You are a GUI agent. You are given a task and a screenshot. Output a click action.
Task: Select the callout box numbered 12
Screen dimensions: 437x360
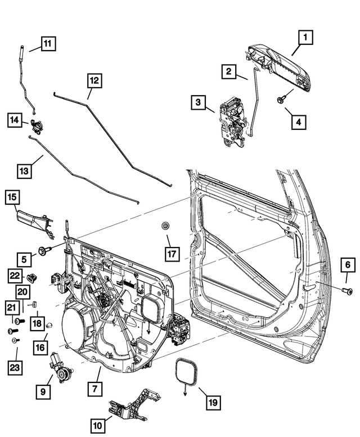pyautogui.click(x=94, y=81)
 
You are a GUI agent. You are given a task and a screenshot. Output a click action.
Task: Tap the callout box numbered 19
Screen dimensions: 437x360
pyautogui.click(x=212, y=402)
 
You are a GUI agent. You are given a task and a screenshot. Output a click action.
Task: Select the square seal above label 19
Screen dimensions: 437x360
pyautogui.click(x=188, y=372)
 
